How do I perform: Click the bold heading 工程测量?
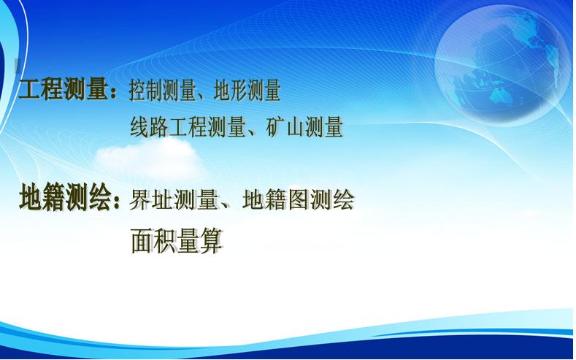pyautogui.click(x=64, y=89)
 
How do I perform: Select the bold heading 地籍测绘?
pyautogui.click(x=65, y=197)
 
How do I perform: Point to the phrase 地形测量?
pyautogui.click(x=247, y=91)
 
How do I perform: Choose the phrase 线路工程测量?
pyautogui.click(x=188, y=127)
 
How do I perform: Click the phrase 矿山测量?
pyautogui.click(x=304, y=127)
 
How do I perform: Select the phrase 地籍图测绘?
pyautogui.click(x=299, y=200)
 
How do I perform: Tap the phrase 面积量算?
pyautogui.click(x=177, y=241)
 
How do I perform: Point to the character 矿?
pyautogui.click(x=275, y=127)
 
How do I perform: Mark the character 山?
pyautogui.click(x=295, y=128)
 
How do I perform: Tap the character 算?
pyautogui.click(x=212, y=241)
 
